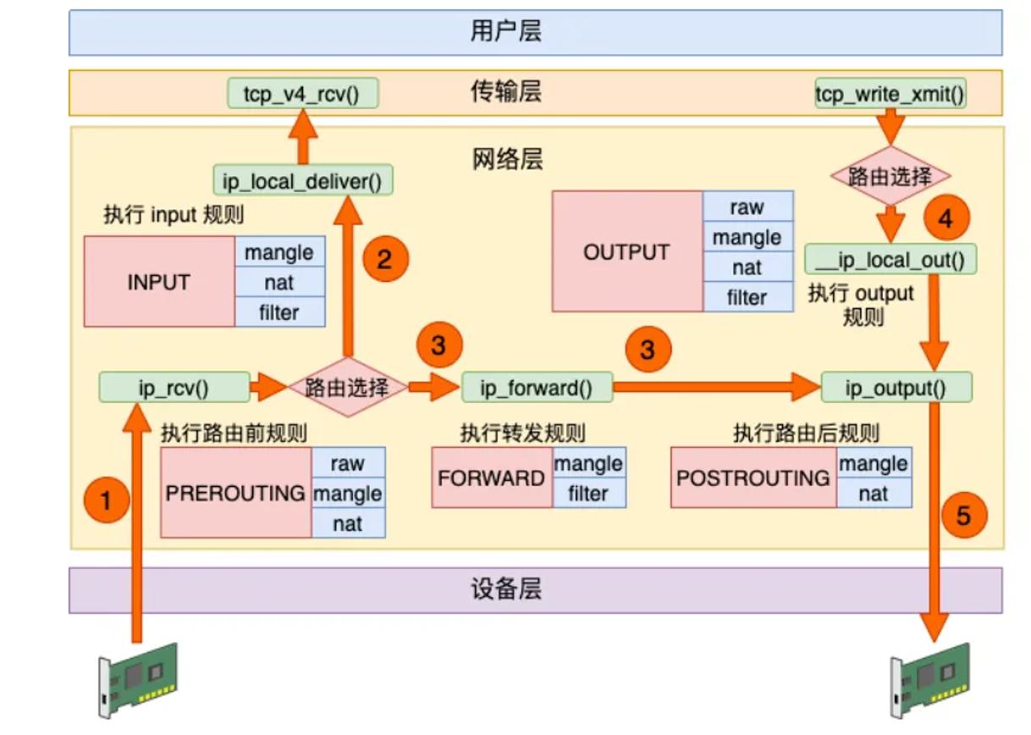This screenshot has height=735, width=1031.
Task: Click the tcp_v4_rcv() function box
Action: click(x=303, y=93)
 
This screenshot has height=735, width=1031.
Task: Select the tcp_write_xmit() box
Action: click(x=890, y=93)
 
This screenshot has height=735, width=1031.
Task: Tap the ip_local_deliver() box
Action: click(x=303, y=180)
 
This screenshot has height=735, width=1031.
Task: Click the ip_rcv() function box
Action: click(x=174, y=387)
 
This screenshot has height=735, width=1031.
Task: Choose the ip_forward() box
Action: click(x=538, y=387)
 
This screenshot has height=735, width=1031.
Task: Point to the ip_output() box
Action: click(x=896, y=387)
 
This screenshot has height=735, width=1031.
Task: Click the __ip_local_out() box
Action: click(x=890, y=259)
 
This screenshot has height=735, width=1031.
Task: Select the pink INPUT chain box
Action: click(x=159, y=281)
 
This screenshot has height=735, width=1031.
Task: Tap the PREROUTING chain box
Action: click(x=236, y=492)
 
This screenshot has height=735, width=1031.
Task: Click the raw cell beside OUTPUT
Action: click(x=748, y=207)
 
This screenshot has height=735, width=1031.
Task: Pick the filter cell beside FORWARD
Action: click(x=589, y=493)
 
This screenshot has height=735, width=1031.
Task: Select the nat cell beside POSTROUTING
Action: click(x=874, y=493)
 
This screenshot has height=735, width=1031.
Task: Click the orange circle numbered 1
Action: click(x=107, y=500)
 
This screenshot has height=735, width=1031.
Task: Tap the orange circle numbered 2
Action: click(x=386, y=258)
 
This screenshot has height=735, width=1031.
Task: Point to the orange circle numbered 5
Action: click(x=965, y=515)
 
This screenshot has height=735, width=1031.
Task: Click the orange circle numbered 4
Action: click(x=946, y=218)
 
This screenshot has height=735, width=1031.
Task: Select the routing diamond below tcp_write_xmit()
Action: click(x=890, y=175)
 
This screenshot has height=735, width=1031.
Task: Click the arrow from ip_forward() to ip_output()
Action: click(x=717, y=387)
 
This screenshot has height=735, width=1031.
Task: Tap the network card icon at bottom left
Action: click(x=138, y=680)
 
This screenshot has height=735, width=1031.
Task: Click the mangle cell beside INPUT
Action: click(x=280, y=251)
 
